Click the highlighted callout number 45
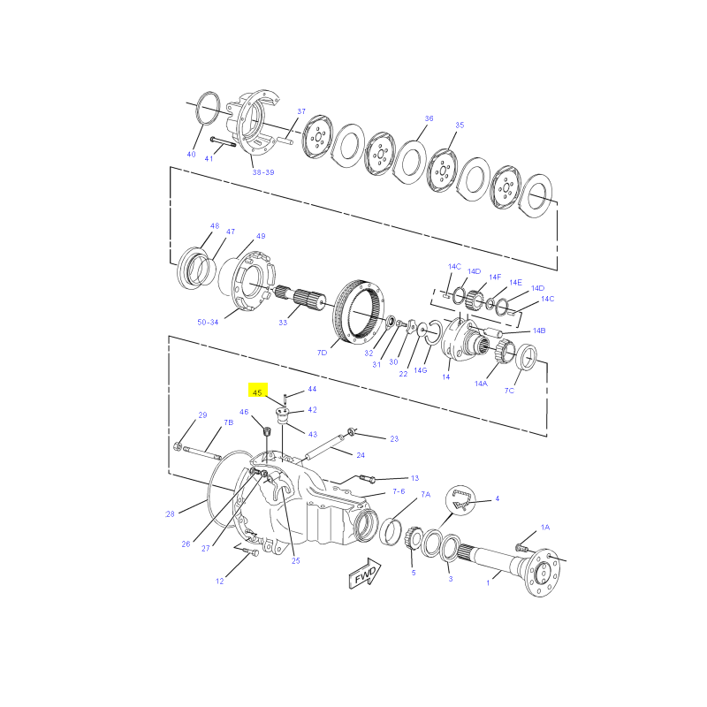pos(257,392)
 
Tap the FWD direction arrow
pos(365,573)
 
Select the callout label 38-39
pos(263,172)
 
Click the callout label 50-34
pos(208,322)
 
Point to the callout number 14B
pos(539,331)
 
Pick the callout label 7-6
pos(399,491)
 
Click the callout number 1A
pos(545,527)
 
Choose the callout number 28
pos(170,513)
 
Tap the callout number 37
pos(301,111)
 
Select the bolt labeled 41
pos(223,141)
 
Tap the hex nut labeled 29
pos(178,447)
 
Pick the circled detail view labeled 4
pos(460,499)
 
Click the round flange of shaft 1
pos(544,572)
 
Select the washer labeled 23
pos(351,433)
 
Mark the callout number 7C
pos(509,391)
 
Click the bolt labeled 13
pos(366,478)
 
